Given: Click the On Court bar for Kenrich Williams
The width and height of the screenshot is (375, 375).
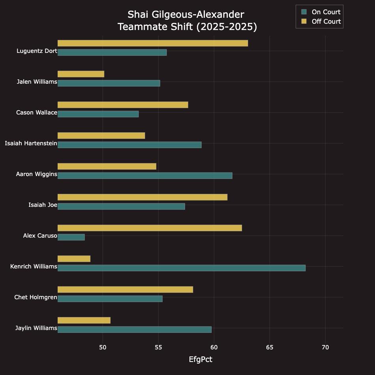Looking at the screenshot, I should pyautogui.click(x=182, y=268).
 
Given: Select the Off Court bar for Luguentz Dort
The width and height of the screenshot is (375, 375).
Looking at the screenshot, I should pyautogui.click(x=153, y=43).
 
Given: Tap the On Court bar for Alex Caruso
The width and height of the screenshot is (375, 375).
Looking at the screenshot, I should pyautogui.click(x=71, y=237).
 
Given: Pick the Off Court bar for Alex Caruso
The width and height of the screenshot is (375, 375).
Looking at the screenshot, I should pyautogui.click(x=150, y=228).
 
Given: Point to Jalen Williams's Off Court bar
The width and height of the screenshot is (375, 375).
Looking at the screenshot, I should pyautogui.click(x=81, y=74).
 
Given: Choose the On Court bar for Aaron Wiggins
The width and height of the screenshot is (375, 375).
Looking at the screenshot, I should pyautogui.click(x=145, y=176).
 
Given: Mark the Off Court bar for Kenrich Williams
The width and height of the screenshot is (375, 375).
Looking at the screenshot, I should pyautogui.click(x=74, y=259).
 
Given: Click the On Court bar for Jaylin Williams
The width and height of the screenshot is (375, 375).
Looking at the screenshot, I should pyautogui.click(x=135, y=330).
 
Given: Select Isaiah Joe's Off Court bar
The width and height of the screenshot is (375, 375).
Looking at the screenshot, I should pyautogui.click(x=142, y=197).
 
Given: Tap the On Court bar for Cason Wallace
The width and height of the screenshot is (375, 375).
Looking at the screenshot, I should pyautogui.click(x=98, y=114).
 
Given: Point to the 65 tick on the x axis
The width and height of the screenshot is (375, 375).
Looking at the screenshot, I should pyautogui.click(x=270, y=347).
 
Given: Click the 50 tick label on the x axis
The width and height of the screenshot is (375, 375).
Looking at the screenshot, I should pyautogui.click(x=103, y=347).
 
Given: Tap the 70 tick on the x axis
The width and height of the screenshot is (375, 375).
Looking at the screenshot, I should pyautogui.click(x=325, y=347).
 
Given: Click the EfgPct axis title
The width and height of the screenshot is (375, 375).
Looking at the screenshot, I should pyautogui.click(x=201, y=359).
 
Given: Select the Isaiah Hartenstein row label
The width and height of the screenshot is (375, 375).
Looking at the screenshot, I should pyautogui.click(x=31, y=143).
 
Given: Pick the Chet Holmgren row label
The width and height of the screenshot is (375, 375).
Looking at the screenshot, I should pyautogui.click(x=36, y=297).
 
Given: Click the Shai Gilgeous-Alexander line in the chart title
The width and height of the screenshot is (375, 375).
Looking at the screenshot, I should pyautogui.click(x=186, y=15).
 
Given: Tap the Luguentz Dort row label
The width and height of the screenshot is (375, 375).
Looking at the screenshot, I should pyautogui.click(x=37, y=51).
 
